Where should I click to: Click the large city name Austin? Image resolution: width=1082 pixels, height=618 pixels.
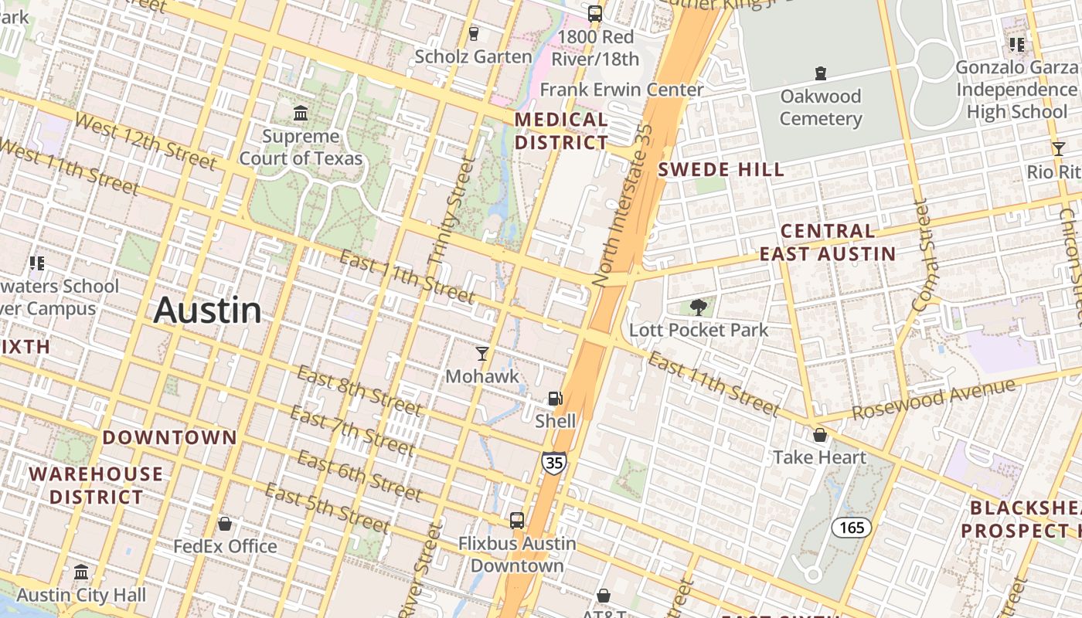(x=207, y=311)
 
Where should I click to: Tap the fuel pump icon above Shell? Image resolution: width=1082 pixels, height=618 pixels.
(x=555, y=399)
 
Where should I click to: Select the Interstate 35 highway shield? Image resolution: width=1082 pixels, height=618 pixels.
(x=553, y=463)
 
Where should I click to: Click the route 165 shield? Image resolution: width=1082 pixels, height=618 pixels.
(x=851, y=528)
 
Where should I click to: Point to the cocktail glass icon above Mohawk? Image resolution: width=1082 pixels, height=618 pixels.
(x=482, y=354)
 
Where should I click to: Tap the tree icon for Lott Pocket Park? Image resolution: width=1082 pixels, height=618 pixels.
(x=699, y=307)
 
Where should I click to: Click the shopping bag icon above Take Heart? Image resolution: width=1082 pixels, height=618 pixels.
(x=820, y=435)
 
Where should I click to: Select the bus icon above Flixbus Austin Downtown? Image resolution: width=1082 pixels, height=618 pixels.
(x=517, y=521)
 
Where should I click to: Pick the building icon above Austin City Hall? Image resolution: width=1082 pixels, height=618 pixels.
(x=81, y=572)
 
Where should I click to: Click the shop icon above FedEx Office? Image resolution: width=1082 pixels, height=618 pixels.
(x=225, y=524)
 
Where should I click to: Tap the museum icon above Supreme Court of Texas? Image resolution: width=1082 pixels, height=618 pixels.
(x=301, y=114)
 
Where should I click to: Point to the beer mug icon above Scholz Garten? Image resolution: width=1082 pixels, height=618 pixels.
(x=474, y=34)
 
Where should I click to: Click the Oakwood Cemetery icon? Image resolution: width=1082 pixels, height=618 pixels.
(x=820, y=74)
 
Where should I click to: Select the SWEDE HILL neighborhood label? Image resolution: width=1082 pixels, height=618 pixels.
(x=720, y=170)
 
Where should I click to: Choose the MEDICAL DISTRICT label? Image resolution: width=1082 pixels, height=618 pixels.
(x=562, y=131)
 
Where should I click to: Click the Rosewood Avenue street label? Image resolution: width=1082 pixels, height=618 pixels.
(x=933, y=399)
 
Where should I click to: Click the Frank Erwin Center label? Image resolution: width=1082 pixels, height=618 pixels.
(x=621, y=90)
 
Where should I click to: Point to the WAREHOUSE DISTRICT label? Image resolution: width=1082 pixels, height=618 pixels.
(x=97, y=485)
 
